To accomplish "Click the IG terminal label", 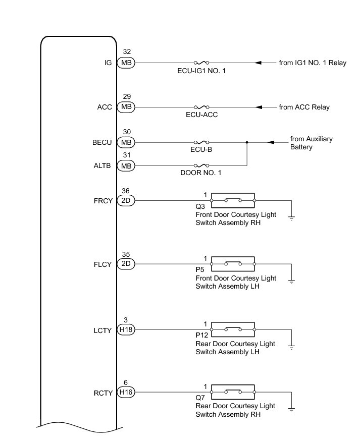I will (x=108, y=63).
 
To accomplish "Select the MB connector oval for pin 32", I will (x=126, y=63).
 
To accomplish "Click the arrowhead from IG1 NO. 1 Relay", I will (x=258, y=63).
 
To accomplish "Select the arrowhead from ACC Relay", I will (x=260, y=107).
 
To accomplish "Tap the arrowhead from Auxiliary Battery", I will (x=270, y=142).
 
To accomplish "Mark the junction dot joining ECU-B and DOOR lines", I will (x=247, y=142).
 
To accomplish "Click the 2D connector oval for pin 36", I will (x=126, y=200).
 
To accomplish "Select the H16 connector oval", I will (x=126, y=392).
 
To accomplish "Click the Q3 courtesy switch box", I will (x=233, y=200).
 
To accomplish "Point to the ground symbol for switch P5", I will (x=292, y=281).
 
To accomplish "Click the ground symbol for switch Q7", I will (x=292, y=409).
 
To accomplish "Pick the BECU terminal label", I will (x=102, y=143).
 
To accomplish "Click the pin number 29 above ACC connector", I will (x=126, y=96).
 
